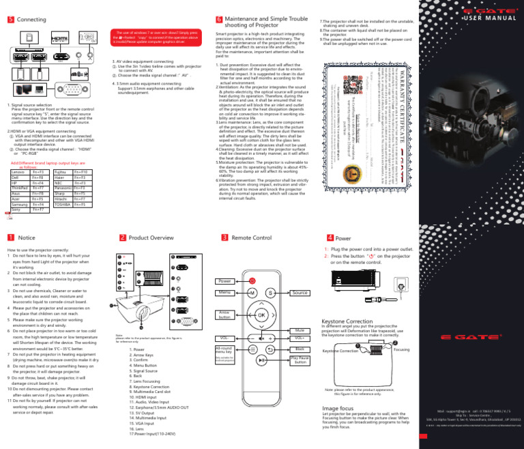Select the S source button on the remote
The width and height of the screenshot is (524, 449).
[271, 293]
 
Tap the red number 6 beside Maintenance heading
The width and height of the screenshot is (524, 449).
[218, 21]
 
